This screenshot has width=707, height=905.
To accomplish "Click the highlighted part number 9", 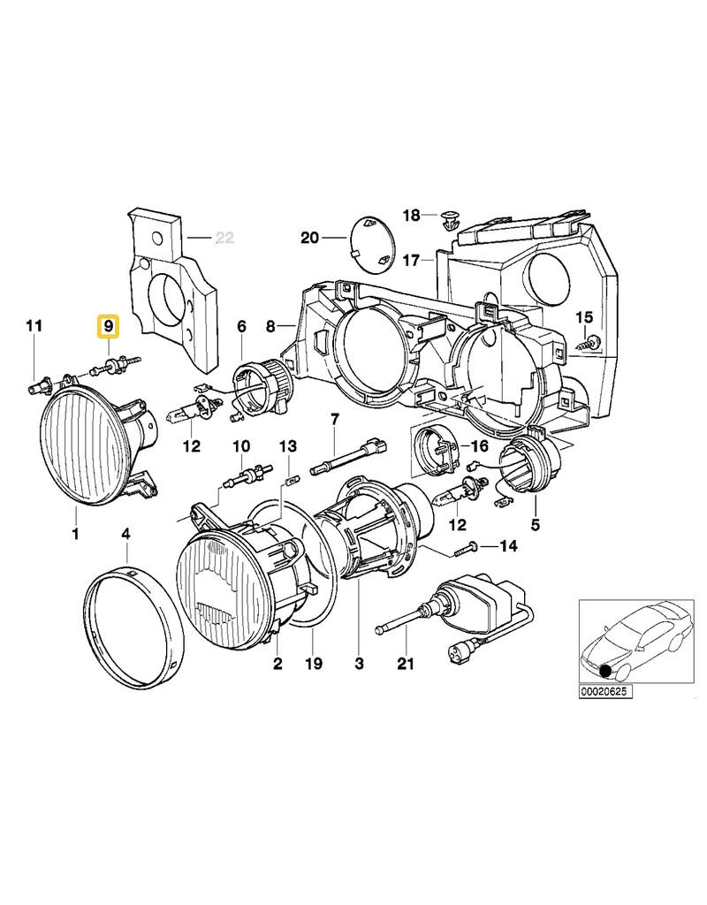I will point(109,327).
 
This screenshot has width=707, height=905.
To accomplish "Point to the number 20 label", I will point(308,238).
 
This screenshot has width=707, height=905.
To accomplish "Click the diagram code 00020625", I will point(606,691).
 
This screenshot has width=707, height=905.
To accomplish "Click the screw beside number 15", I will point(590,343).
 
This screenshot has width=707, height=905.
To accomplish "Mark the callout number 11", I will point(33,327).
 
